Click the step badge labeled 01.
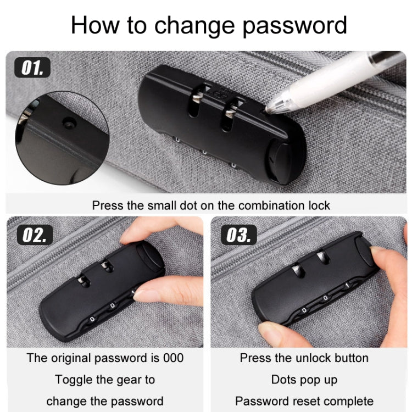32,68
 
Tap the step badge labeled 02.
35,235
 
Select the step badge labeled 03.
239,235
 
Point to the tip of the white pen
266,110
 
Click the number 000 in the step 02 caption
173,358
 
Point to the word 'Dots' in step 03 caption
282,380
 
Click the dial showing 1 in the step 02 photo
133,292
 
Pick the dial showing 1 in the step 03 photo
347,286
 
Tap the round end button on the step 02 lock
150,255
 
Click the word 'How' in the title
95,25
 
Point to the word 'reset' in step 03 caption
297,402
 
